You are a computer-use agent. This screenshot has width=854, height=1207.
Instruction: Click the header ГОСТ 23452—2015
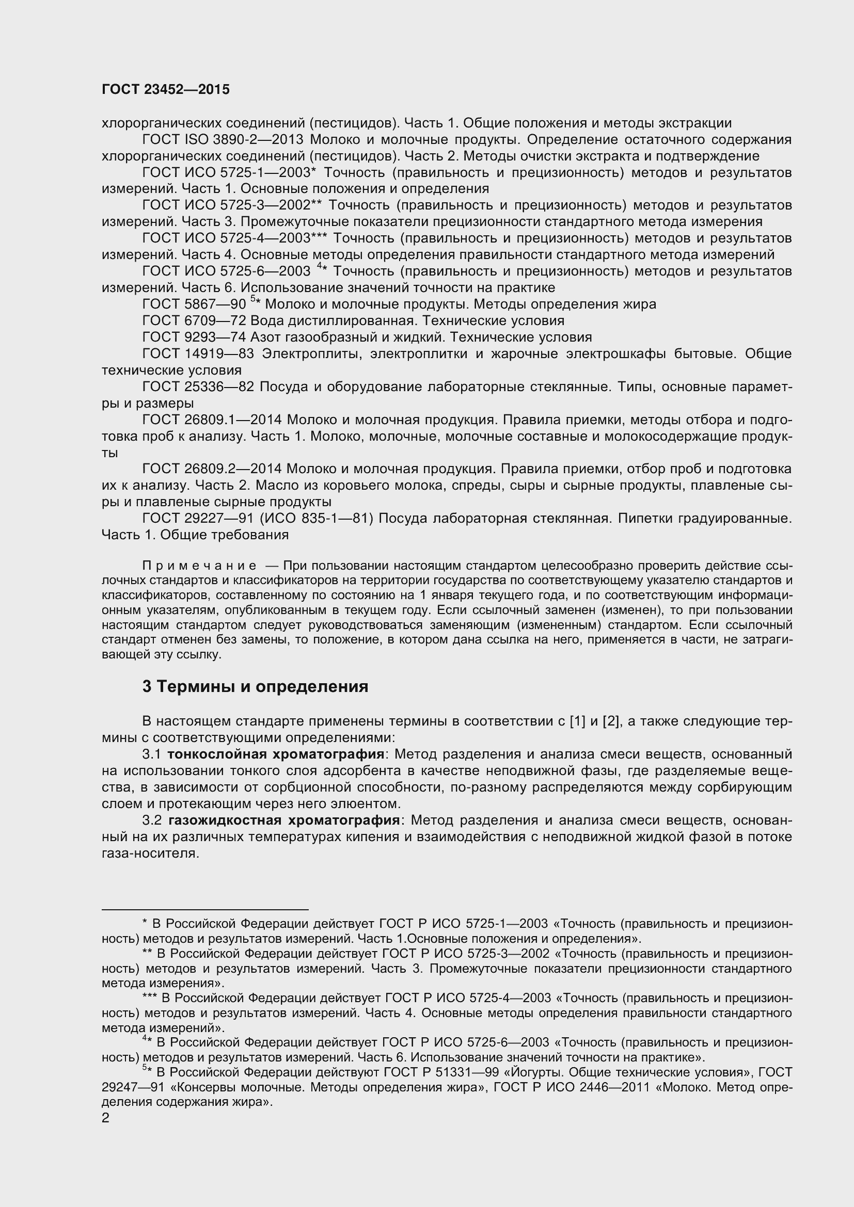(166, 89)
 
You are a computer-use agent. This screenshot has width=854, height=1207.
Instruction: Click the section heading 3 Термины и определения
(255, 686)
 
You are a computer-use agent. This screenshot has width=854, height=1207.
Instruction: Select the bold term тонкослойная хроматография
(276, 754)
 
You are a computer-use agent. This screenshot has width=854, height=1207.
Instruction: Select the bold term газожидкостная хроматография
(284, 820)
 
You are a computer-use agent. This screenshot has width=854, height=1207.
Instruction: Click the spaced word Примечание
(200, 566)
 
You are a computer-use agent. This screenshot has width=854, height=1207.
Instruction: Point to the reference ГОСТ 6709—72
(194, 320)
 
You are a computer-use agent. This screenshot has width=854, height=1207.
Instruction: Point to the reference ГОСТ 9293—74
(194, 337)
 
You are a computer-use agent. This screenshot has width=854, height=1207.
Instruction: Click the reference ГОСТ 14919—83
(198, 354)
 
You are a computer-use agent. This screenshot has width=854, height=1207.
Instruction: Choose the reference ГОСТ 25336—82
(198, 387)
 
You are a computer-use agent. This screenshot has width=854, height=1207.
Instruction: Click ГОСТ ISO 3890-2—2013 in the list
(224, 140)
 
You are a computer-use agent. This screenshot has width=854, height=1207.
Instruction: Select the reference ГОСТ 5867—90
(194, 304)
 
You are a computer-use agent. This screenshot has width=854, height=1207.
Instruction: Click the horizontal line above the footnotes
(204, 909)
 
